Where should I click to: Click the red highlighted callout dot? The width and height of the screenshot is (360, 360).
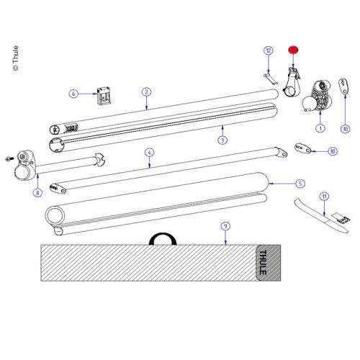[293, 50]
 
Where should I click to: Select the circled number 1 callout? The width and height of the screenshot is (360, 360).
[320, 128]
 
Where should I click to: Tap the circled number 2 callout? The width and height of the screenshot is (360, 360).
[146, 92]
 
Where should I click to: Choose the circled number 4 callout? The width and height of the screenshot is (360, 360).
[149, 153]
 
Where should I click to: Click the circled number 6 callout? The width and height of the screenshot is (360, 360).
[73, 94]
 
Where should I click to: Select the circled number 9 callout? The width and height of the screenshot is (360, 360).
[225, 225]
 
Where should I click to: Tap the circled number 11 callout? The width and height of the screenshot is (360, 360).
[325, 196]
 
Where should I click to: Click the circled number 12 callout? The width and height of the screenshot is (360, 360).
[268, 50]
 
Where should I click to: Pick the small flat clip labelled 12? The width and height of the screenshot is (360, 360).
[267, 77]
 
